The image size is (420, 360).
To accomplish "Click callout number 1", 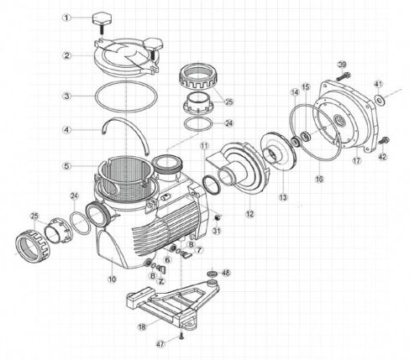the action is [66, 18].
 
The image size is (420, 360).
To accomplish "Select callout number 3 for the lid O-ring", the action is [66, 96].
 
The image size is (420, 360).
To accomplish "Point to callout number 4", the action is [66, 129].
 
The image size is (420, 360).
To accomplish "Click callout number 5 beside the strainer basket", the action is [66, 166].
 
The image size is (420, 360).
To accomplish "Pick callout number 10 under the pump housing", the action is [112, 279].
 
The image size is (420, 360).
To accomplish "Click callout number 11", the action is [205, 146].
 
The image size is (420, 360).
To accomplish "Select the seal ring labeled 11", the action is [211, 185].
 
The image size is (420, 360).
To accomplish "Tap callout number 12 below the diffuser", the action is [249, 214].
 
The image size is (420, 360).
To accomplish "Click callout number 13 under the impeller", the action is [283, 197].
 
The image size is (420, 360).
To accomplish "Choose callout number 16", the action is [319, 179].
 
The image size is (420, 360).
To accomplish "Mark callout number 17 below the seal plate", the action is [357, 160].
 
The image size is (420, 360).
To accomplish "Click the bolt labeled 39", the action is [343, 76].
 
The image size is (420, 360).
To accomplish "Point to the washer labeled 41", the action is [380, 99].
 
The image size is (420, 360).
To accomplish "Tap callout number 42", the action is [382, 157].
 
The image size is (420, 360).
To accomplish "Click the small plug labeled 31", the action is [217, 217].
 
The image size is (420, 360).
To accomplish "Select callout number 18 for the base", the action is [142, 326].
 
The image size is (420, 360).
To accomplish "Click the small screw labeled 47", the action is [181, 337].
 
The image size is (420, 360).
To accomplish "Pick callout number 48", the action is [226, 273].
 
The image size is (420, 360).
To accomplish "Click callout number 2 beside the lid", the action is [66, 55].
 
